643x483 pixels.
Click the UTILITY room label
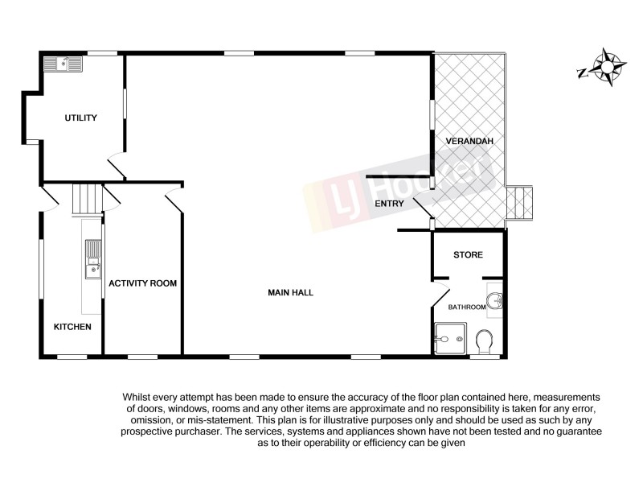coord(80,118)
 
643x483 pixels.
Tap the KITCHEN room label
coord(72,327)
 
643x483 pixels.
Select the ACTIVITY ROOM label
coord(142,283)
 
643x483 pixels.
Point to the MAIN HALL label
coord(290,293)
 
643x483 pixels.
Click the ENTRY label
coord(389,204)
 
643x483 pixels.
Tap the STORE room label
coord(468,255)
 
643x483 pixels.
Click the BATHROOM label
coord(466,307)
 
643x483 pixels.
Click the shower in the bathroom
coord(448,338)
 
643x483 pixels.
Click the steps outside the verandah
coord(521,202)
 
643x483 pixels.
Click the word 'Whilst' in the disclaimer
coord(137,398)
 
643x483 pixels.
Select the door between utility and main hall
coord(117,166)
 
